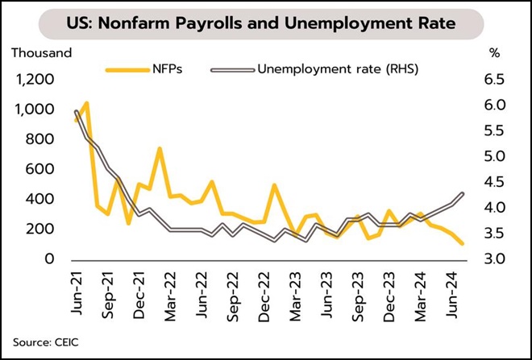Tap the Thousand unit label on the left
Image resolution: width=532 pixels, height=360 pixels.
point(40,53)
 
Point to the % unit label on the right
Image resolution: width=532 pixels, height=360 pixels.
point(494,53)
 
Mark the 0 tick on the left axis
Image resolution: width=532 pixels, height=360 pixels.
point(50,259)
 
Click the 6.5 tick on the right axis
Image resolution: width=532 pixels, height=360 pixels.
point(494,80)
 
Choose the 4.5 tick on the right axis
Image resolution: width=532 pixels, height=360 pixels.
point(494,183)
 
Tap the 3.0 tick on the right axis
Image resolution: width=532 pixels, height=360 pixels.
point(494,259)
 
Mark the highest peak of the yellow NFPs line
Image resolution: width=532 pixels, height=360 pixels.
point(85,103)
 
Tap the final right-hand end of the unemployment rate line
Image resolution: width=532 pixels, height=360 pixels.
point(463,193)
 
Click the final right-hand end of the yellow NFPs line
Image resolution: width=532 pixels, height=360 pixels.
point(463,243)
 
